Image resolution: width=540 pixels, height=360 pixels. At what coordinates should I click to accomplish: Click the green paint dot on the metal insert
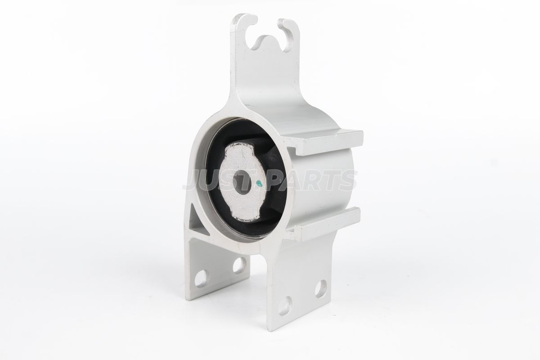[x=259, y=184]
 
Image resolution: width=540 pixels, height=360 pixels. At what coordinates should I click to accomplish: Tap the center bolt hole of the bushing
[x=242, y=183]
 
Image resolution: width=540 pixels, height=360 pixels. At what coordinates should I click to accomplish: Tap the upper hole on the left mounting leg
[x=239, y=265]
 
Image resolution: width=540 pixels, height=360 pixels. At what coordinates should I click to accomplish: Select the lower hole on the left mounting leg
[x=202, y=278]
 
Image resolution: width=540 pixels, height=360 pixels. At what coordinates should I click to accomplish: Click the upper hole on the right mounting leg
[x=320, y=288]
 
